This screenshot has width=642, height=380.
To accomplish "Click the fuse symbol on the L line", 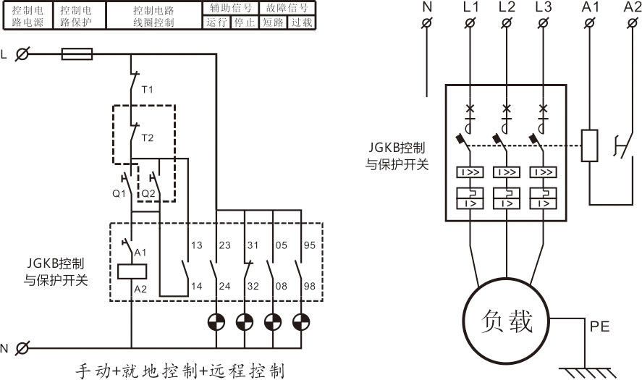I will (x=77, y=54).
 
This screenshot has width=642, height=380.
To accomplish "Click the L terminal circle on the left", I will (x=22, y=54).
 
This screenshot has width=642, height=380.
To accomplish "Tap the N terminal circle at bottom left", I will (x=22, y=348).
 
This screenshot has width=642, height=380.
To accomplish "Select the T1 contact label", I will (x=148, y=90).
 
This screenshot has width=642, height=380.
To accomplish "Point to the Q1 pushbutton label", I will (x=119, y=193).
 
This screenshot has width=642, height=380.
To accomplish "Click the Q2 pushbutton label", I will (x=148, y=193).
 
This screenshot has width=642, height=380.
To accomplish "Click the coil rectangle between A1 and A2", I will (x=132, y=271).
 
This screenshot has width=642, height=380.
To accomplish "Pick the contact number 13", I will (x=195, y=245).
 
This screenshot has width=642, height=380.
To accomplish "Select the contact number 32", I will (x=253, y=286).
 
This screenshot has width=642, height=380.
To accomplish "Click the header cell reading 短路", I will (x=273, y=22).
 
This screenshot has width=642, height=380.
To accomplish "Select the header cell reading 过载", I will (x=302, y=22).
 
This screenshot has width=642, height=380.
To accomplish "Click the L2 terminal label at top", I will (x=507, y=7).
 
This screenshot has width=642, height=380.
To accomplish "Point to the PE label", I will (x=600, y=326).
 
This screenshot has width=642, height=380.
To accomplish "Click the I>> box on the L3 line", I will (x=544, y=173).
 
